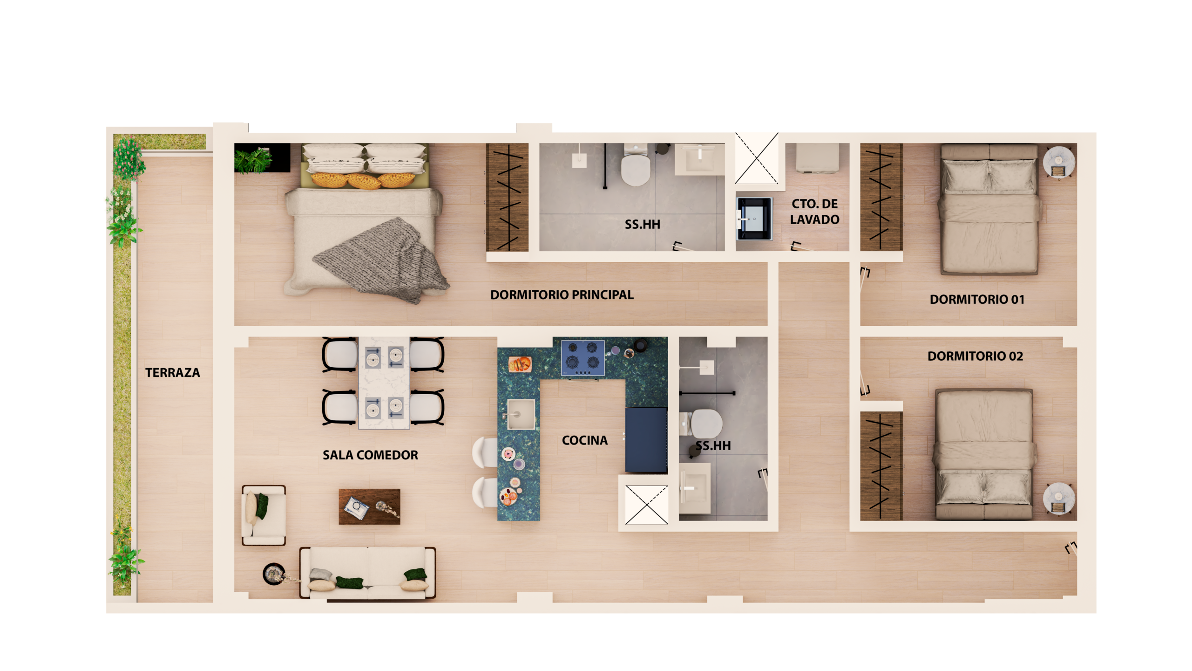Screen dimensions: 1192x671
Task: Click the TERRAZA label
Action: (x=172, y=373)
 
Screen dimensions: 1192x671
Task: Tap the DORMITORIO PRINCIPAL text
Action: (x=562, y=295)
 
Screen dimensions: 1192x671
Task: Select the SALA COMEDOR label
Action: (x=370, y=455)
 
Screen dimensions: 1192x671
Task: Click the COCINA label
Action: (x=584, y=440)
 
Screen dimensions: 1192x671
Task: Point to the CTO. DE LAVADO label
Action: (x=815, y=212)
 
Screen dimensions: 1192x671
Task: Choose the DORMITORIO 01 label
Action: (x=977, y=300)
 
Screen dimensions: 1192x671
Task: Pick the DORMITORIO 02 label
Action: (x=975, y=356)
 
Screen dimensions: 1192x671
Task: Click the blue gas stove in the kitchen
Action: (x=583, y=358)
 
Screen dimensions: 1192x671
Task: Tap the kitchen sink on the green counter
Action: (x=521, y=414)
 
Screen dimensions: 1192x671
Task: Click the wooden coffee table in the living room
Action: (x=369, y=507)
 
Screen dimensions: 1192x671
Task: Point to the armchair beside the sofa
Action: (x=264, y=515)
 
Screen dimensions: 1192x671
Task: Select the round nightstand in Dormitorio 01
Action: (x=1059, y=162)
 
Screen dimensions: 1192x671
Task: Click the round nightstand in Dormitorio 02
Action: (x=1059, y=498)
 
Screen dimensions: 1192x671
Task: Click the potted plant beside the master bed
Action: (x=254, y=159)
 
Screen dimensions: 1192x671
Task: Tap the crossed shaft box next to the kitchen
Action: (x=646, y=505)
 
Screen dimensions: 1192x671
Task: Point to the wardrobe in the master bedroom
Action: (x=507, y=197)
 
